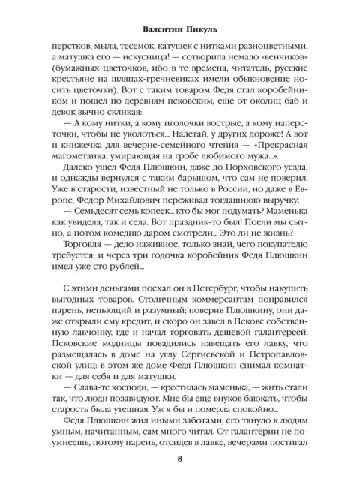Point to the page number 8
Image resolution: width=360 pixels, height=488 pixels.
click(x=180, y=460)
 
